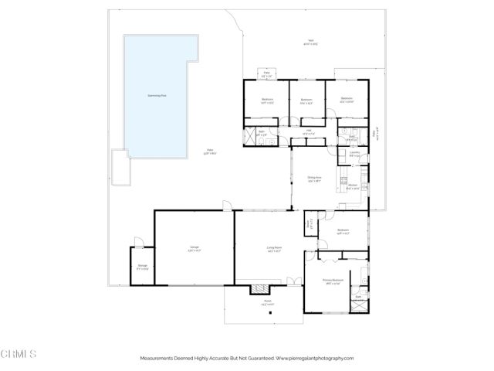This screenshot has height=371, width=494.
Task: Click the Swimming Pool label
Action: click(x=159, y=96)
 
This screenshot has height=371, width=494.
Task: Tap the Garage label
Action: click(x=195, y=249)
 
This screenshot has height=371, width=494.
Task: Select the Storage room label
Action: click(x=142, y=267)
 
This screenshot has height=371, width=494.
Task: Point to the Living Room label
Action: click(x=273, y=249)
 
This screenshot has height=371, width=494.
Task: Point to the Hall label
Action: click(x=308, y=131)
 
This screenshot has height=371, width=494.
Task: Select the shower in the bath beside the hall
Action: click(x=250, y=137)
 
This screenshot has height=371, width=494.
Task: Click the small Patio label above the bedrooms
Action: click(x=266, y=76)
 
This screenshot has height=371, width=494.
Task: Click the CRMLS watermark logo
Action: click(x=19, y=354)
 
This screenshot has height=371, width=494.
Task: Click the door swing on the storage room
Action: click(x=137, y=243)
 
